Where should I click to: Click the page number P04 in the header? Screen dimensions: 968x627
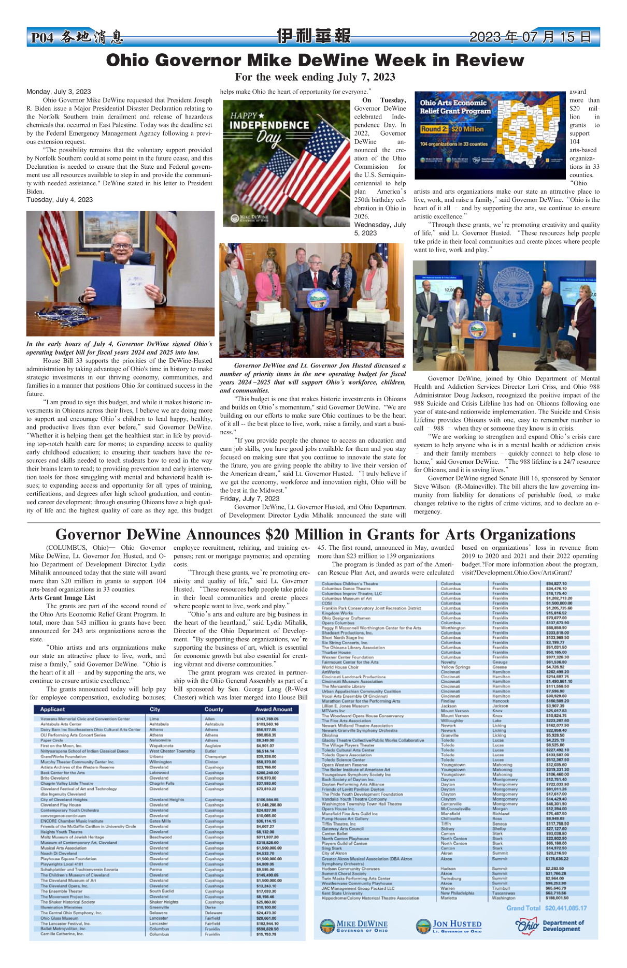(x=42, y=38)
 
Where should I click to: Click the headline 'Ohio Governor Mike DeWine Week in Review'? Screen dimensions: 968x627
(x=315, y=61)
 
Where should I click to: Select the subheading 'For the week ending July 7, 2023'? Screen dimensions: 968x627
(x=315, y=77)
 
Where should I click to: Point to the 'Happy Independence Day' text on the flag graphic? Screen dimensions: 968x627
(x=269, y=127)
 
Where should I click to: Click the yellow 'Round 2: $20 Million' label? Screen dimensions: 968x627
(x=452, y=129)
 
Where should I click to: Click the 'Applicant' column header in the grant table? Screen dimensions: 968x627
(x=52, y=709)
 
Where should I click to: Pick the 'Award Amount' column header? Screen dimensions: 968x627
(x=274, y=709)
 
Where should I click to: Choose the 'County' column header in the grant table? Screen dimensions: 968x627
(x=213, y=709)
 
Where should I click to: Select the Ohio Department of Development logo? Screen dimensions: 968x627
(x=550, y=926)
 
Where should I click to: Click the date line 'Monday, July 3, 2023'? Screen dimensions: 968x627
(x=59, y=92)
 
